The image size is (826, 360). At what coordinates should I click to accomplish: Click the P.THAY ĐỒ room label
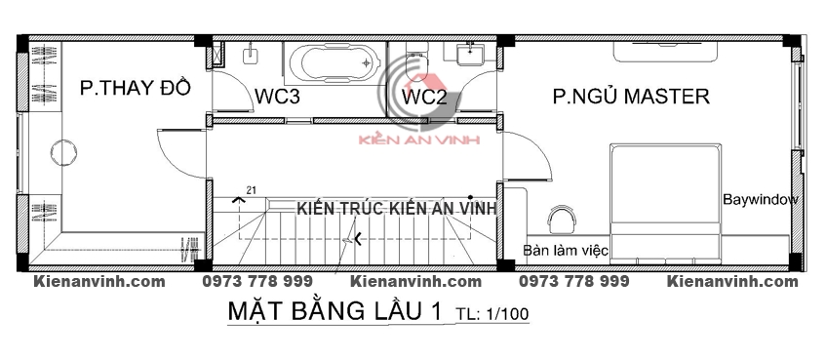point(135,88)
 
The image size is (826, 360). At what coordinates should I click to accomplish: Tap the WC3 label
point(277,97)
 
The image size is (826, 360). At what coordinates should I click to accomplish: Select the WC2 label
point(424,97)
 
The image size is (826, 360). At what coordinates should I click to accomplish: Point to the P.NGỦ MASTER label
point(631,96)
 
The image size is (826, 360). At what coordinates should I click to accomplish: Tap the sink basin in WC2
point(469,55)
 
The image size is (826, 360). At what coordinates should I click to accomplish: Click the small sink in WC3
point(250,55)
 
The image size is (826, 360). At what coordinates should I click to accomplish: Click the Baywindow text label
point(761,200)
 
